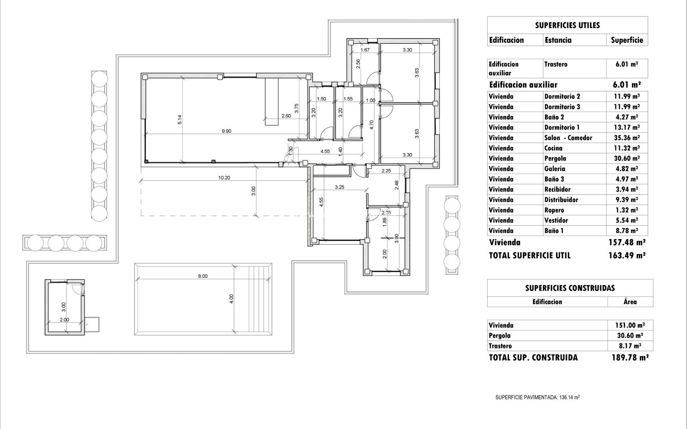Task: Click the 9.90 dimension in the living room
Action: [226, 131]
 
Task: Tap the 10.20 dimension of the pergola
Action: [224, 178]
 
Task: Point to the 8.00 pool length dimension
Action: [203, 276]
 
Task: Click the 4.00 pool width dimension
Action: [232, 299]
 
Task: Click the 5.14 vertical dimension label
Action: [180, 119]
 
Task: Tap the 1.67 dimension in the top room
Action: [365, 50]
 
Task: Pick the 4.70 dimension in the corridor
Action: [372, 124]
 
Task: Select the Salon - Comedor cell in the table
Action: [568, 138]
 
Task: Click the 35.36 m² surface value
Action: [627, 138]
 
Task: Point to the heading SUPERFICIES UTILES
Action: [567, 25]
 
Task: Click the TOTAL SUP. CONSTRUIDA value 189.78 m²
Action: [630, 357]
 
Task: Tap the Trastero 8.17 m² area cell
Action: [630, 346]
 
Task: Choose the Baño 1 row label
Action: [554, 231]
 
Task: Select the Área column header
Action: [630, 302]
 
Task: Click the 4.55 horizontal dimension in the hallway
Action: [325, 152]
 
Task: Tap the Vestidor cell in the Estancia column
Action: [556, 221]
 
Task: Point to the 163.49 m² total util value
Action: [627, 256]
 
